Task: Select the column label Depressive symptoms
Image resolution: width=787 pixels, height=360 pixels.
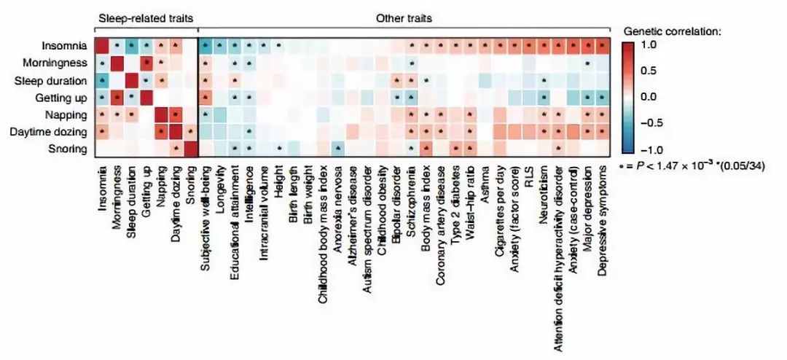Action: point(603,212)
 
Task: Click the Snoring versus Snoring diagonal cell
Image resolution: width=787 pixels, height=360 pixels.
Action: point(191,149)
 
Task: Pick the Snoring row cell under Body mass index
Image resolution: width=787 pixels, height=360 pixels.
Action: point(426,149)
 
